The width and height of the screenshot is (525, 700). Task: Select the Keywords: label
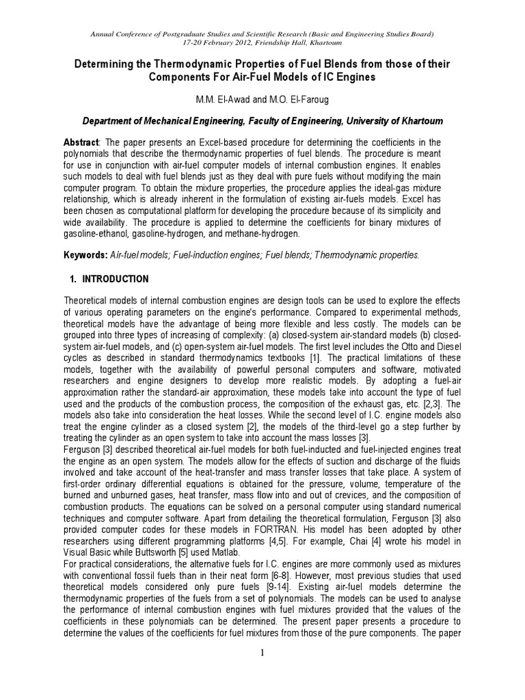coord(84,254)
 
